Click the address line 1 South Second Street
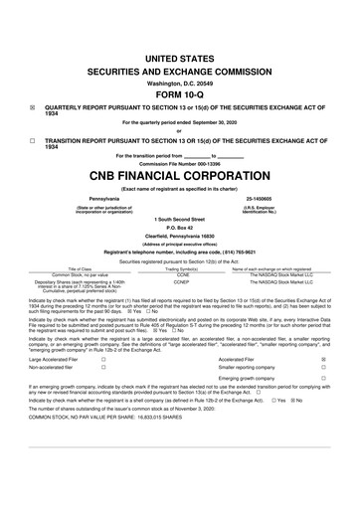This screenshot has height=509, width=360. point(180,217)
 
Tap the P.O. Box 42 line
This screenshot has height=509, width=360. point(180,226)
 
